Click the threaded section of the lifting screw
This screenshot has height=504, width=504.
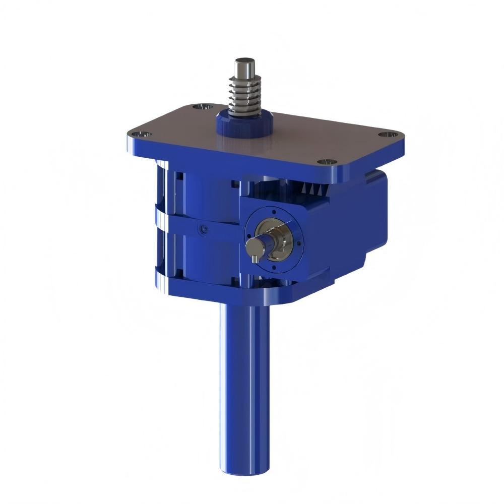click(x=245, y=93)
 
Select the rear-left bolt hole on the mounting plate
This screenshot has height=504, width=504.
click(x=203, y=107)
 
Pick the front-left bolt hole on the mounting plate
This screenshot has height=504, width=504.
click(x=142, y=134)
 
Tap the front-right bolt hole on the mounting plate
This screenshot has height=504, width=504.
click(x=328, y=162)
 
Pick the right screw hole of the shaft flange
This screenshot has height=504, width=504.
click(x=301, y=241)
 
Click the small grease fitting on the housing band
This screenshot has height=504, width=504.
click(x=203, y=229)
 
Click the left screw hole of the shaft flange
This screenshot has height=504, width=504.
click(x=247, y=237)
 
